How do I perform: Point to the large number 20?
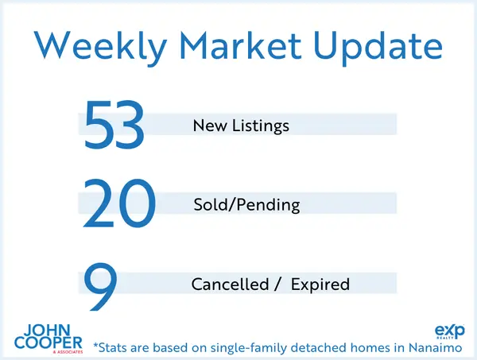point(118,205)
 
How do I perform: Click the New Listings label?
point(241,126)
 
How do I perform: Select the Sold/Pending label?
point(246,205)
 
